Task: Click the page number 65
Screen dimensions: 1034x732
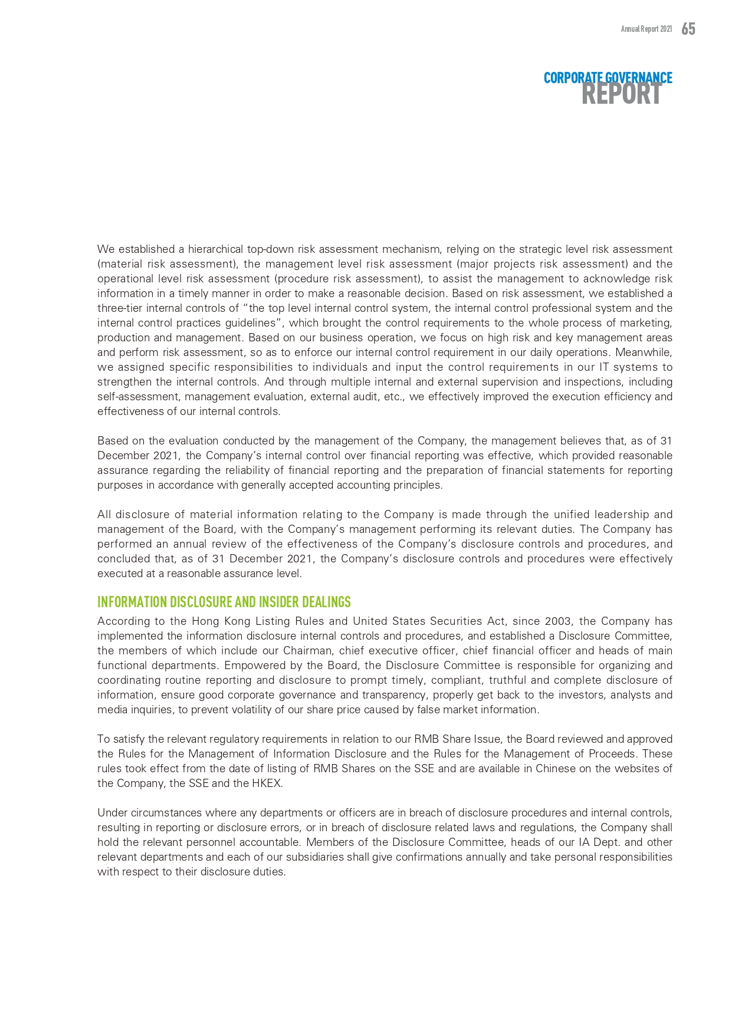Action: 688,29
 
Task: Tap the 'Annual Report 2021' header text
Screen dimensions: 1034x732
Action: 646,29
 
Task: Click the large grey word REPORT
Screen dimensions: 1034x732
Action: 621,94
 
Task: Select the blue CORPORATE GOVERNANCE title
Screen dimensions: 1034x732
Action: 608,78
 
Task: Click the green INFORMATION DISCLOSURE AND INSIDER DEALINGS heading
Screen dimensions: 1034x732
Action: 224,602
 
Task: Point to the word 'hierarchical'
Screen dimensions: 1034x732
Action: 215,249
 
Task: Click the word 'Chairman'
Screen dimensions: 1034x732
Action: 307,651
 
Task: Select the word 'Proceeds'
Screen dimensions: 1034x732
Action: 615,754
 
